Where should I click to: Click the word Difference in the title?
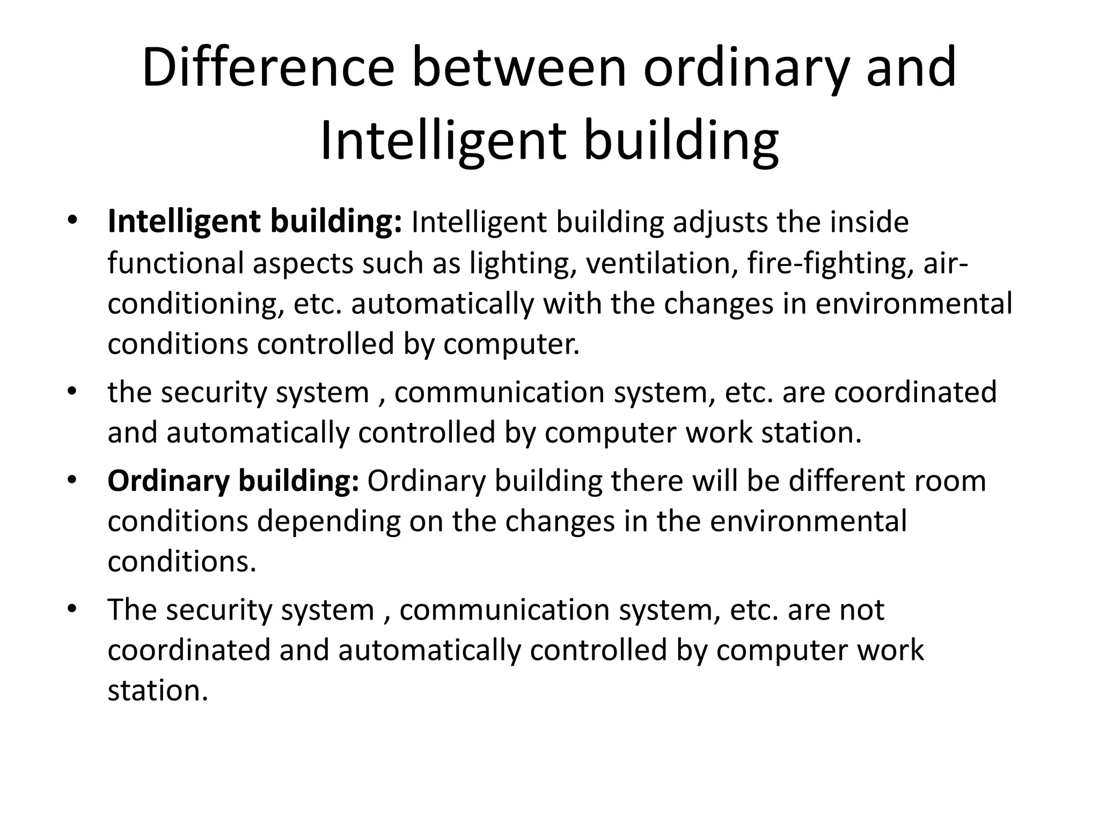click(x=268, y=68)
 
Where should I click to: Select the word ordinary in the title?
click(x=746, y=68)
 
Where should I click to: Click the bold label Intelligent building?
click(x=255, y=222)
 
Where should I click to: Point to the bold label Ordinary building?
click(x=233, y=481)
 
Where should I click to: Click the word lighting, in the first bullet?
click(x=523, y=263)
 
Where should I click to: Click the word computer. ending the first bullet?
click(x=511, y=344)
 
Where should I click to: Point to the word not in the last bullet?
click(x=862, y=610)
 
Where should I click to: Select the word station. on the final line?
click(x=157, y=690)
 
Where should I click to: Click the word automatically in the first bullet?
click(x=442, y=304)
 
